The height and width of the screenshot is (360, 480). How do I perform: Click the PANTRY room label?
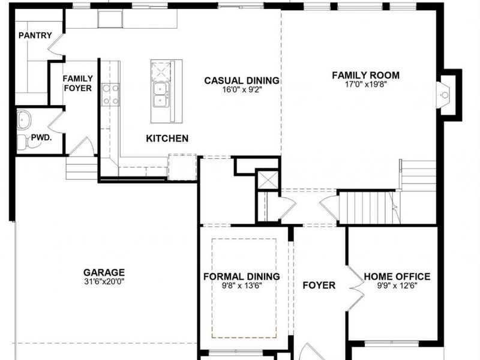35,35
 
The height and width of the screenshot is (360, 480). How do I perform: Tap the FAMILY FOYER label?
78,83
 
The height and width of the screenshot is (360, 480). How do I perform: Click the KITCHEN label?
167,139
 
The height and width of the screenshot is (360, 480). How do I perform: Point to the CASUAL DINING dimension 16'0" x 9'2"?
242,90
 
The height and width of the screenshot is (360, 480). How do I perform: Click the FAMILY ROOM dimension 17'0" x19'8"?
365,85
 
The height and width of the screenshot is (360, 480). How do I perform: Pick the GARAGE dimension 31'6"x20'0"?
104,281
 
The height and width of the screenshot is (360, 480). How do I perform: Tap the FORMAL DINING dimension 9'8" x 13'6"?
241,286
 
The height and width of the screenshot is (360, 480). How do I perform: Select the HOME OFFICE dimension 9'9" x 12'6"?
397,286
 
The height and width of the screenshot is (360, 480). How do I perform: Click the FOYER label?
319,285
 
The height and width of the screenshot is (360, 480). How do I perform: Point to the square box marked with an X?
268,180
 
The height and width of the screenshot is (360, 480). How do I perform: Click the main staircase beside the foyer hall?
366,206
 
